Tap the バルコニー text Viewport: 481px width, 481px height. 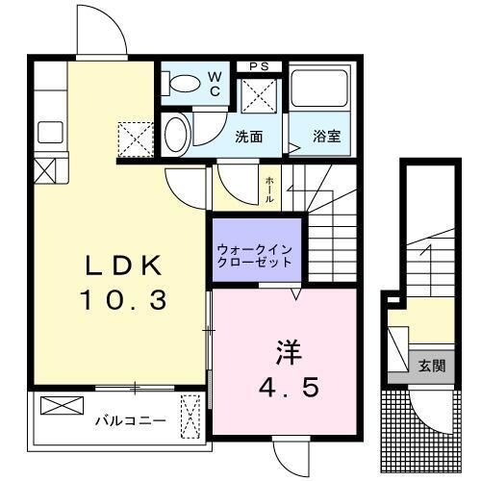click(130, 420)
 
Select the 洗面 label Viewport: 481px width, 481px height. click(249, 137)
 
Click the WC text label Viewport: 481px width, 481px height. click(214, 84)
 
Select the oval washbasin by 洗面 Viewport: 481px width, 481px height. click(175, 134)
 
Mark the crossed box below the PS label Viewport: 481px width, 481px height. click(258, 97)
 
